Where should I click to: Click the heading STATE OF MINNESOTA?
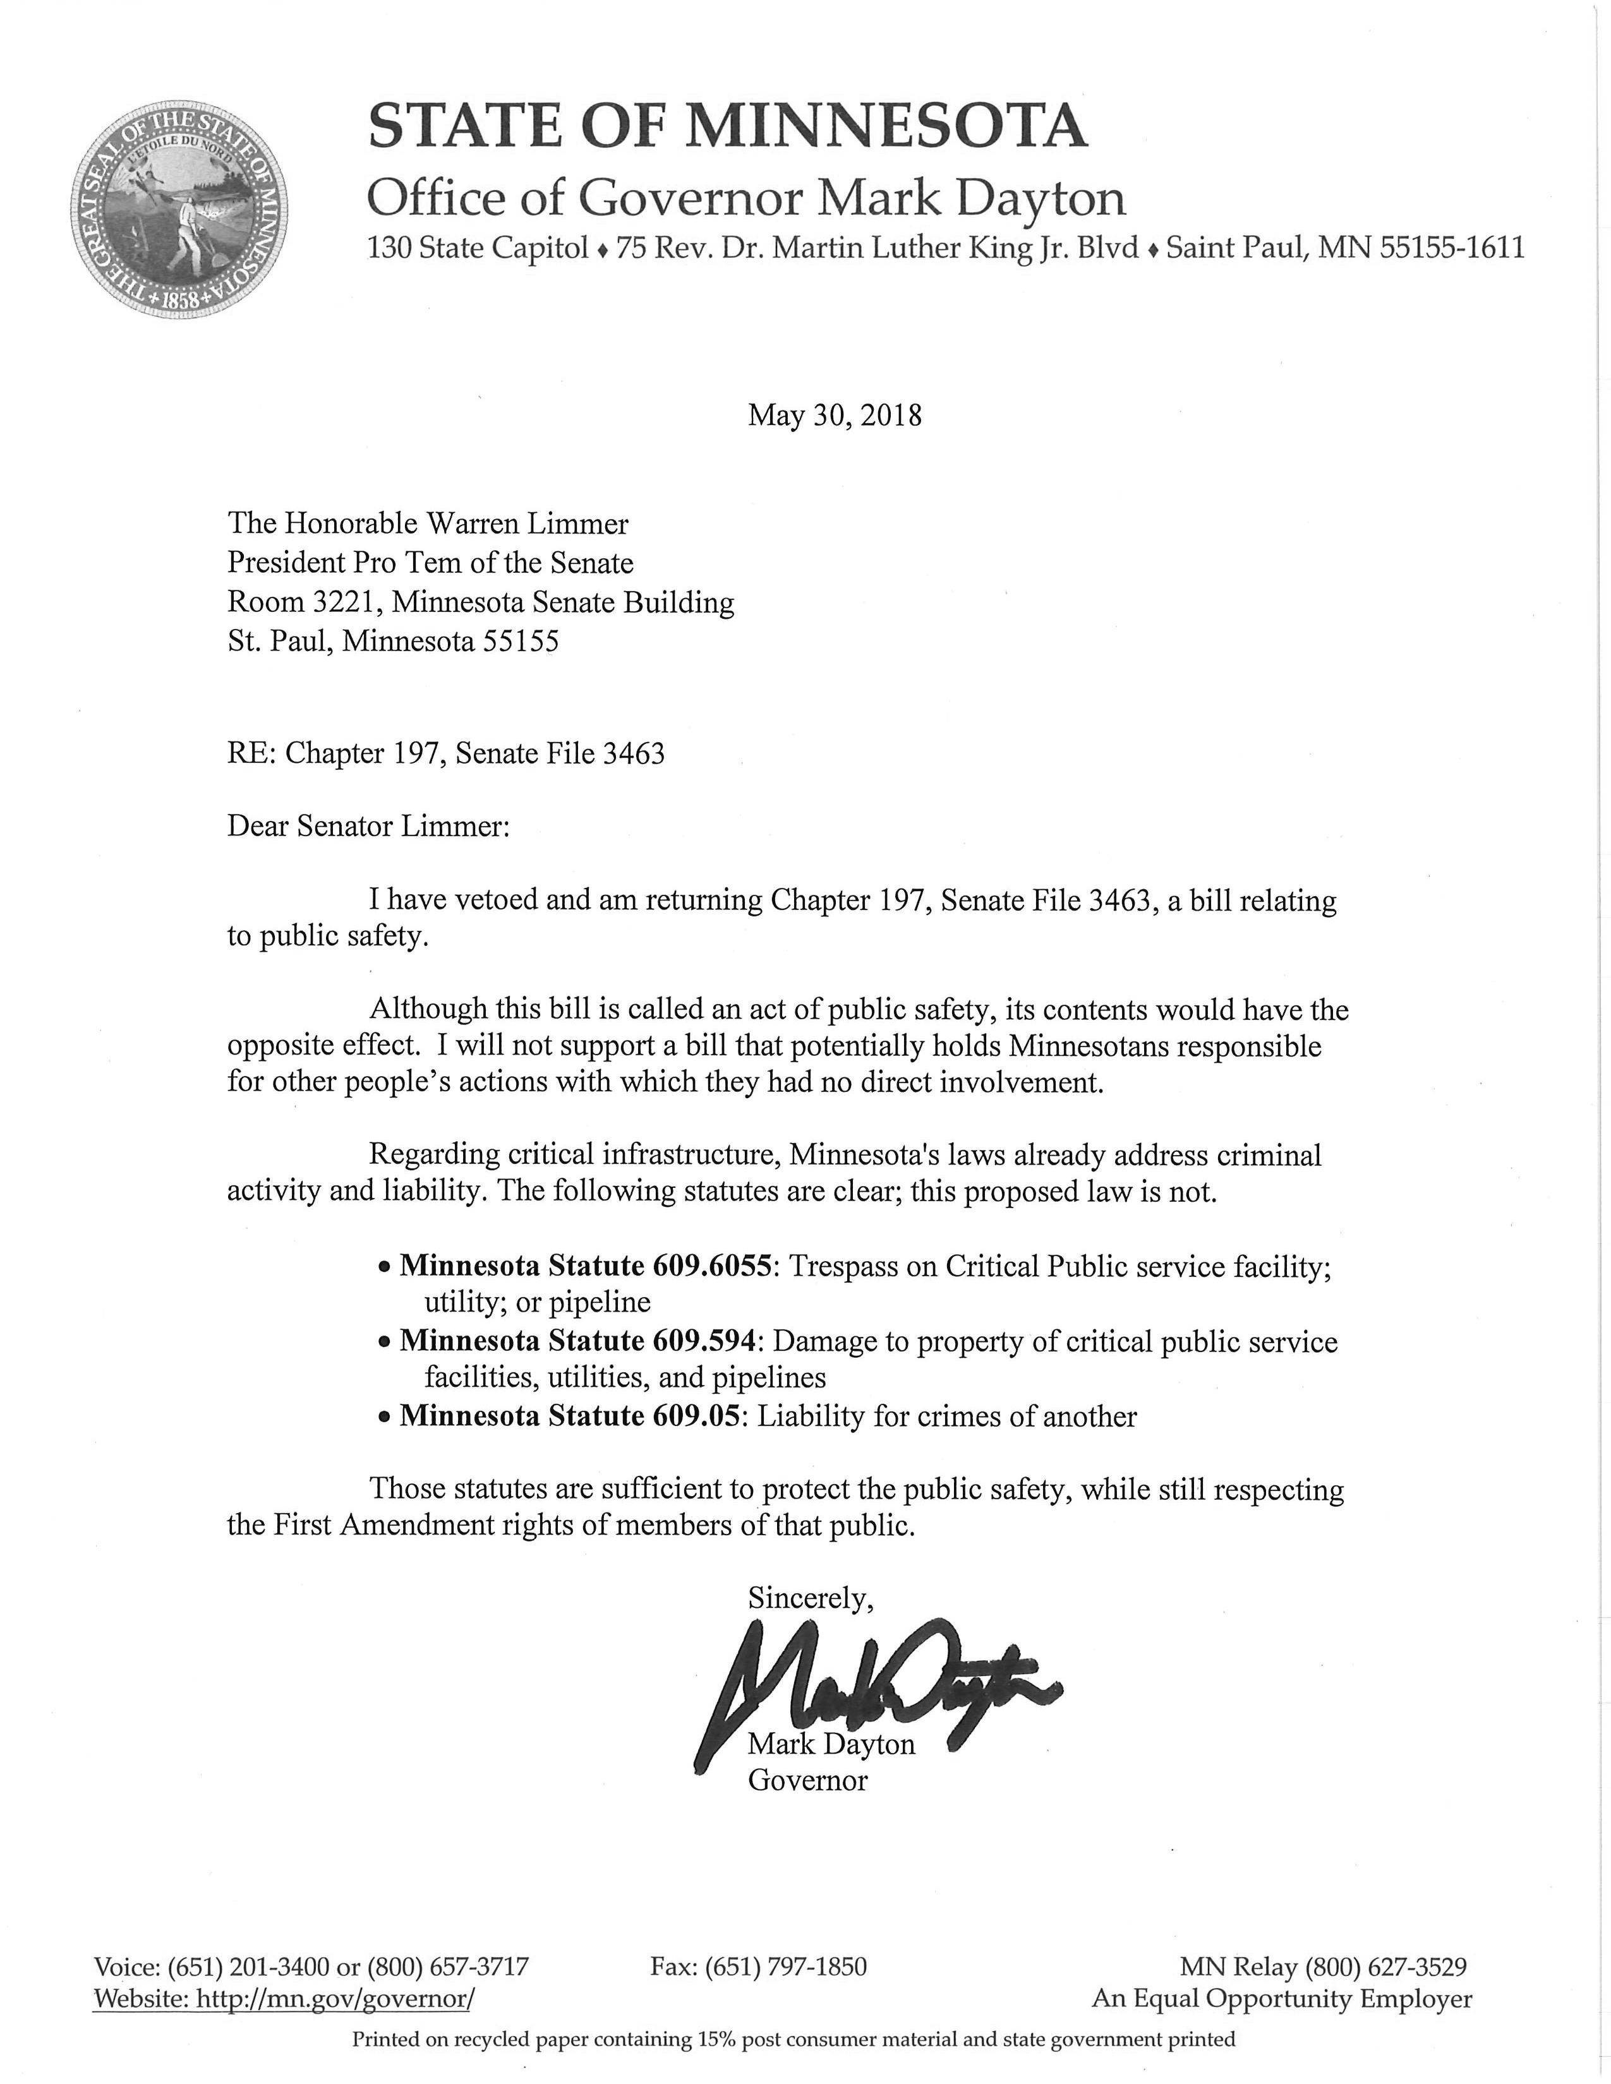pyautogui.click(x=727, y=127)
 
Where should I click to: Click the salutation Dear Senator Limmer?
pyautogui.click(x=368, y=827)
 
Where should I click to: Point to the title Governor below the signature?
pyautogui.click(x=807, y=1781)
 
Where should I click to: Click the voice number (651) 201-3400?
pyautogui.click(x=248, y=1967)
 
